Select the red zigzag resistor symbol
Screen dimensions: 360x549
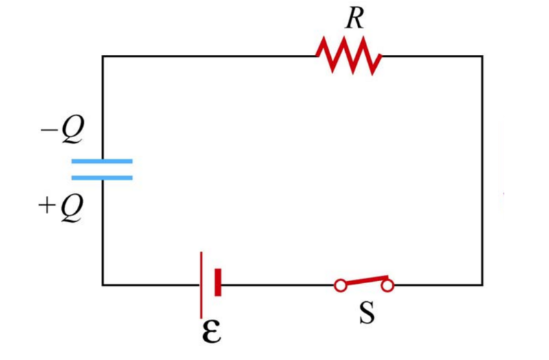[x=348, y=56]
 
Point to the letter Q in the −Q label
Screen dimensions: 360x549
[x=70, y=132]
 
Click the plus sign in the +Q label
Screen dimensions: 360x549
[x=46, y=206]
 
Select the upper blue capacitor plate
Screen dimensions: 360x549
[x=102, y=162]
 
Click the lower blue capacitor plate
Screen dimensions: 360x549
[x=102, y=178]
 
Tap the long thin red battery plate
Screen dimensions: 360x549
[x=202, y=284]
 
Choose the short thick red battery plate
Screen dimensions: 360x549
[x=218, y=283]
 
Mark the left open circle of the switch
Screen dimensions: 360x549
[x=340, y=285]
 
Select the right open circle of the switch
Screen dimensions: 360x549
[x=388, y=285]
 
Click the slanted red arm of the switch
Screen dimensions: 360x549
[x=364, y=280]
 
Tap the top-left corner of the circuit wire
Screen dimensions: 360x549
[x=103, y=56]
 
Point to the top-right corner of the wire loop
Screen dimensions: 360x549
[x=482, y=56]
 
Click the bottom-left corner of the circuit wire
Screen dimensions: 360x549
[x=103, y=284]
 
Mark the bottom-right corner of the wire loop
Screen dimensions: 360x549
[x=482, y=284]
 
